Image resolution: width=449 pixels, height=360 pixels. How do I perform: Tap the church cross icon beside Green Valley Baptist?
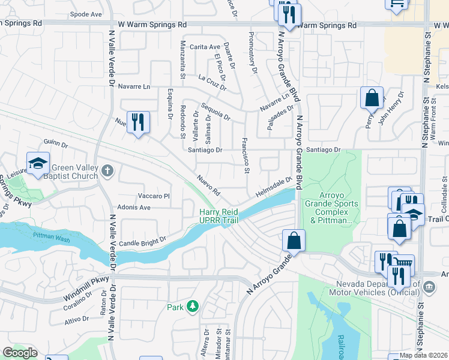(107, 172)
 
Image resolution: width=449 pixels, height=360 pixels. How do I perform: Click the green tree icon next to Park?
(192, 307)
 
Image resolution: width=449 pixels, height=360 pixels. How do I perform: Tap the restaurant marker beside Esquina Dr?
(139, 122)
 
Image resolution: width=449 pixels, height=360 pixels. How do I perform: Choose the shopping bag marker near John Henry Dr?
(372, 97)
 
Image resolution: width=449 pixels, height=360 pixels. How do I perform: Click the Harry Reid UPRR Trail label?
(219, 216)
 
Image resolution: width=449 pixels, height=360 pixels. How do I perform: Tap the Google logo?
(19, 353)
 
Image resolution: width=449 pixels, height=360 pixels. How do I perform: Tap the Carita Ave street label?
(205, 47)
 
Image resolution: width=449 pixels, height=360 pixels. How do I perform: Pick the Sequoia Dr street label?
(215, 111)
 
